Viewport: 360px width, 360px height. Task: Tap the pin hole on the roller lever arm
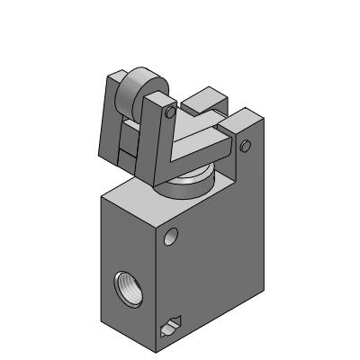[x=169, y=113]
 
